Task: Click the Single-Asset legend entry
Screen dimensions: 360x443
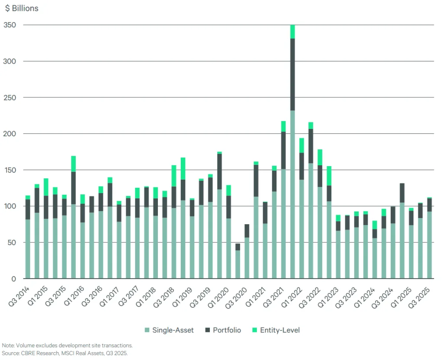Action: (173, 330)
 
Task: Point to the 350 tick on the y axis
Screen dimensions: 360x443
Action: (10, 25)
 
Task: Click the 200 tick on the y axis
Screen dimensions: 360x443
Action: (10, 134)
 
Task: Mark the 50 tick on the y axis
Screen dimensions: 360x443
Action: (12, 242)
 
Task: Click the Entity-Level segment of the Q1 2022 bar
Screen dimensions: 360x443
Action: (302, 145)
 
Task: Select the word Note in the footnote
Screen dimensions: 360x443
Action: (9, 345)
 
